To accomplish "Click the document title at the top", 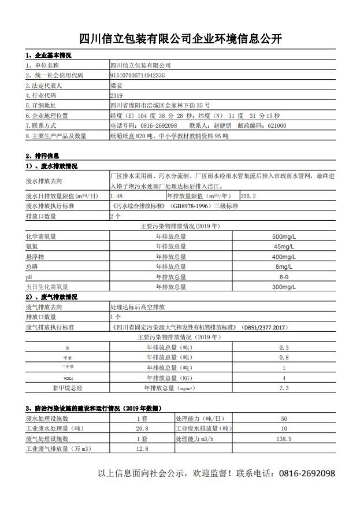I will [x=180, y=39].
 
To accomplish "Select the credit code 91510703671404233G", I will [x=138, y=76].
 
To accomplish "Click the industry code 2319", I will [x=116, y=95].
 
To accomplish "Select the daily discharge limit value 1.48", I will [x=117, y=197].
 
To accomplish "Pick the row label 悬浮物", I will [x=35, y=257].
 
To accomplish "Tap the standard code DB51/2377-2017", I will [x=265, y=327].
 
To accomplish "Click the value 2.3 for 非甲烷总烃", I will [x=283, y=388].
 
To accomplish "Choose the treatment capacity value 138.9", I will [x=284, y=439].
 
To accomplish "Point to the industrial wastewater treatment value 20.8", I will [x=142, y=428].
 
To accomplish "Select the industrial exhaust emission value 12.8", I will [x=142, y=449].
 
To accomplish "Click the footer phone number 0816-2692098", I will [x=307, y=473].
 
